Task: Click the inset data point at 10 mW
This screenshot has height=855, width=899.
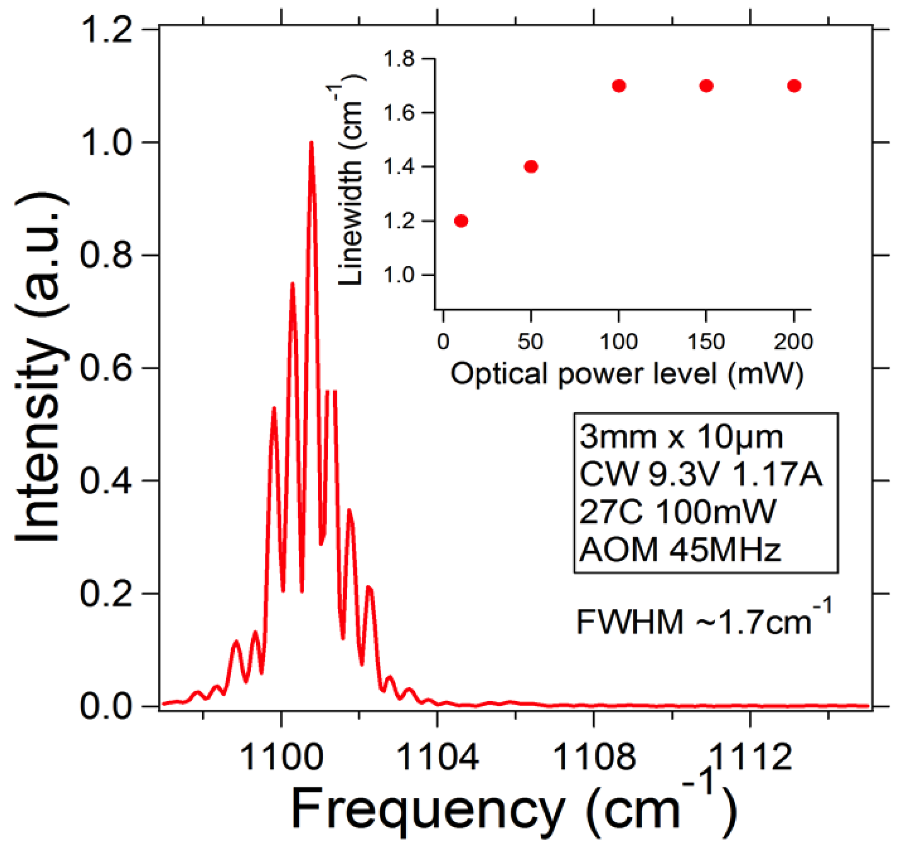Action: tap(461, 221)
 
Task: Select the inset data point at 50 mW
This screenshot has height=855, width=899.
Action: tap(531, 167)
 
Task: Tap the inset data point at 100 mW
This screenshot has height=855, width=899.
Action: tap(619, 86)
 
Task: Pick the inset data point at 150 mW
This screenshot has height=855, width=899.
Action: tap(706, 86)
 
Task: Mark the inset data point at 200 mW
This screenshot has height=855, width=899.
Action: tap(794, 86)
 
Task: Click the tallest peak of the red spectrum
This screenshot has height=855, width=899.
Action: tap(311, 143)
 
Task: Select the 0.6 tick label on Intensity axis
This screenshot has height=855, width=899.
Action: tap(106, 368)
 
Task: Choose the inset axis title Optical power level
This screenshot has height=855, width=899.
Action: tap(627, 373)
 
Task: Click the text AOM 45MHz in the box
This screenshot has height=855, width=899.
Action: tap(679, 549)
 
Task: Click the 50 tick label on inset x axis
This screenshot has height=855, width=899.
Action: tap(530, 341)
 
